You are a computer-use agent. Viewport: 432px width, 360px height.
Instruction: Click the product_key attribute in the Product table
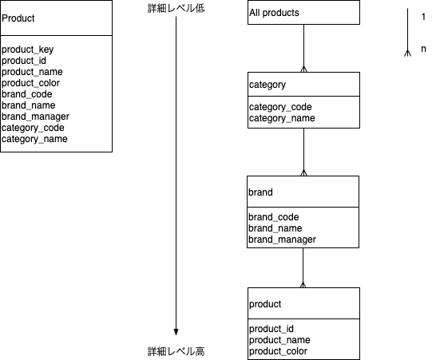pos(28,49)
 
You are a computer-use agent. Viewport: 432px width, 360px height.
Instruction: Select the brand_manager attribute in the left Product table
pos(35,117)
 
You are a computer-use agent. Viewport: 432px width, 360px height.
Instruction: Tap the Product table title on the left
pos(18,18)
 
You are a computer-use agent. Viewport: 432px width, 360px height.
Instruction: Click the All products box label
pos(274,13)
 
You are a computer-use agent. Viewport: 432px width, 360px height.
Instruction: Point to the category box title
pos(268,85)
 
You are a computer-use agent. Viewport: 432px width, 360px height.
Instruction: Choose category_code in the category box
pos(280,107)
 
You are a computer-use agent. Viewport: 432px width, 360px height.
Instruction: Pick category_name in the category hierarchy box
pos(282,118)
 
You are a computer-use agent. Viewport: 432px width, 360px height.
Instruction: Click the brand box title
pos(260,192)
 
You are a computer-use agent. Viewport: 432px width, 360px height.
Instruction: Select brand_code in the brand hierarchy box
pos(274,217)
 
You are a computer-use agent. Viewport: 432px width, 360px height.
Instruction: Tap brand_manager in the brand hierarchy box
pos(282,239)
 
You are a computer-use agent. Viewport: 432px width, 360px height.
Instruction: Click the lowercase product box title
pos(265,304)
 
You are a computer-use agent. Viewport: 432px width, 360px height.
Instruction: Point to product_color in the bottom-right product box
pos(278,351)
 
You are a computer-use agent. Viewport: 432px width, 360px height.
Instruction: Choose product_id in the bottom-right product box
pos(271,329)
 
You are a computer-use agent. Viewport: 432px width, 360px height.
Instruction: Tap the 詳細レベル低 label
pos(176,8)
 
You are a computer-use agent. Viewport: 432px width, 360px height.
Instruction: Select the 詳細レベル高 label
pos(176,351)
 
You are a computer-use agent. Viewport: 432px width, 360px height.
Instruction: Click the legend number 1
pos(423,17)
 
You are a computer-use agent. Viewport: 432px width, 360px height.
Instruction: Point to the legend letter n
pos(423,49)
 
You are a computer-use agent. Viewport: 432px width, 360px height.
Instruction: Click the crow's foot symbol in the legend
pos(408,53)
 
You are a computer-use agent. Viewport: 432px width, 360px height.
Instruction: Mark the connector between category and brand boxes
pos(303,152)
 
